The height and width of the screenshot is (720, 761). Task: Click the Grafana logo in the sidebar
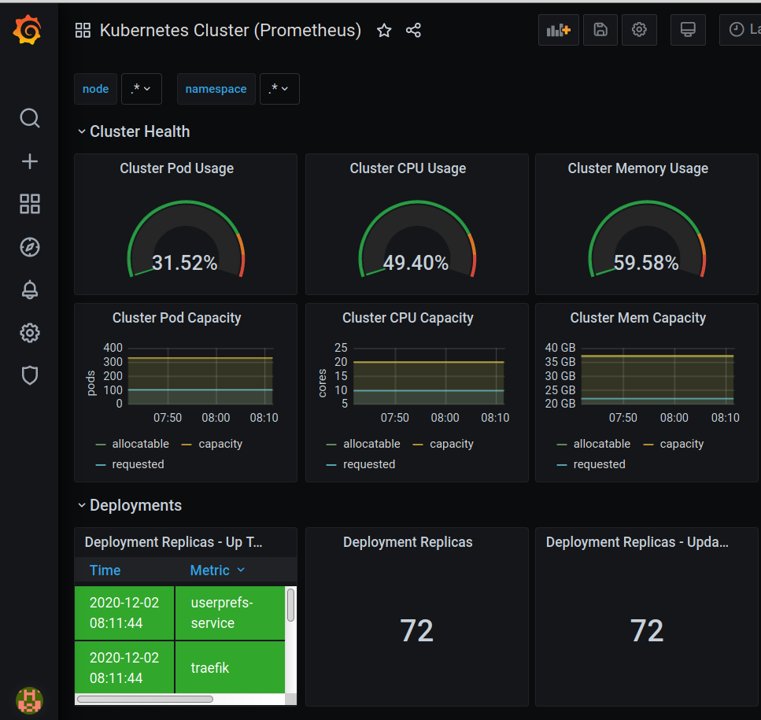pyautogui.click(x=28, y=30)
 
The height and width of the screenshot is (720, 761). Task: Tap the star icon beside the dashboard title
pyautogui.click(x=384, y=31)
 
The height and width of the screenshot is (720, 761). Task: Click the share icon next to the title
pyautogui.click(x=413, y=31)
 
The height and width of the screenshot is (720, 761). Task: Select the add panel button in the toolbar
pyautogui.click(x=558, y=30)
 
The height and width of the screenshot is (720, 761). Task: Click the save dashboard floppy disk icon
pyautogui.click(x=600, y=30)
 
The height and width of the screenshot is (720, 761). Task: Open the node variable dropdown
pyautogui.click(x=141, y=89)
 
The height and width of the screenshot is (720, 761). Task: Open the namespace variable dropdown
pyautogui.click(x=279, y=89)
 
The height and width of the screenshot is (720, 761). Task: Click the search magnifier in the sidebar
pyautogui.click(x=30, y=118)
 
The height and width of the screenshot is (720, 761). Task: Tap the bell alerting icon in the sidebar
pyautogui.click(x=30, y=290)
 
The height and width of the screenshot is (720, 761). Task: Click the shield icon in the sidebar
pyautogui.click(x=30, y=375)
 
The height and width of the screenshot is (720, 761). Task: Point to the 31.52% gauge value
pyautogui.click(x=184, y=263)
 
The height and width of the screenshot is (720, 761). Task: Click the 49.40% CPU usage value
pyautogui.click(x=416, y=263)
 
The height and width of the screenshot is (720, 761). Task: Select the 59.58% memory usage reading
pyautogui.click(x=646, y=263)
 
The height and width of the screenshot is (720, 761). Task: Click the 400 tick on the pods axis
pyautogui.click(x=113, y=348)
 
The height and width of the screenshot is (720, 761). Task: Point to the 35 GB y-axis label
pyautogui.click(x=560, y=362)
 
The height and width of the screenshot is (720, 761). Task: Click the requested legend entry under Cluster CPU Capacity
pyautogui.click(x=360, y=464)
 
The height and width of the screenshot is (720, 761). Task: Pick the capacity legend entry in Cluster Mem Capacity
pyautogui.click(x=673, y=444)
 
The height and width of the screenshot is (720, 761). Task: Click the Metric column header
pyautogui.click(x=217, y=570)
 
